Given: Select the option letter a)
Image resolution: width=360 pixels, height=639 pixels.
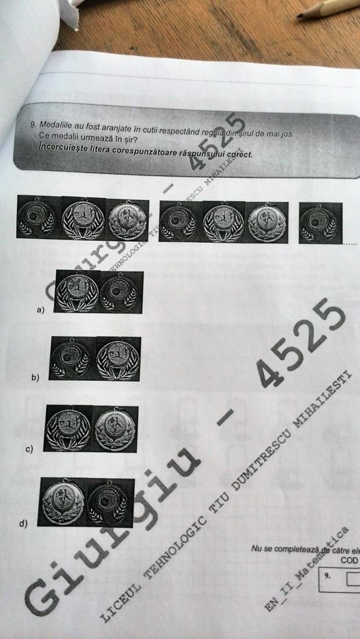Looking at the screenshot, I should pos(40,310).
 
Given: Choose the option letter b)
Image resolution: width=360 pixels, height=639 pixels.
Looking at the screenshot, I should pos(35,378).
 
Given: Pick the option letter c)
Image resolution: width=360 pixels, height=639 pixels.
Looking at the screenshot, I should pos(29,449).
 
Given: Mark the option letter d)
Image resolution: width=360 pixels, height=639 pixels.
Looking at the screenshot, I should pos(24,523).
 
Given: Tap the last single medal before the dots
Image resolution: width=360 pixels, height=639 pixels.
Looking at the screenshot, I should pos(320,222).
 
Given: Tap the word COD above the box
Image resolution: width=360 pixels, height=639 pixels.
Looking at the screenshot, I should pos(349,561).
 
